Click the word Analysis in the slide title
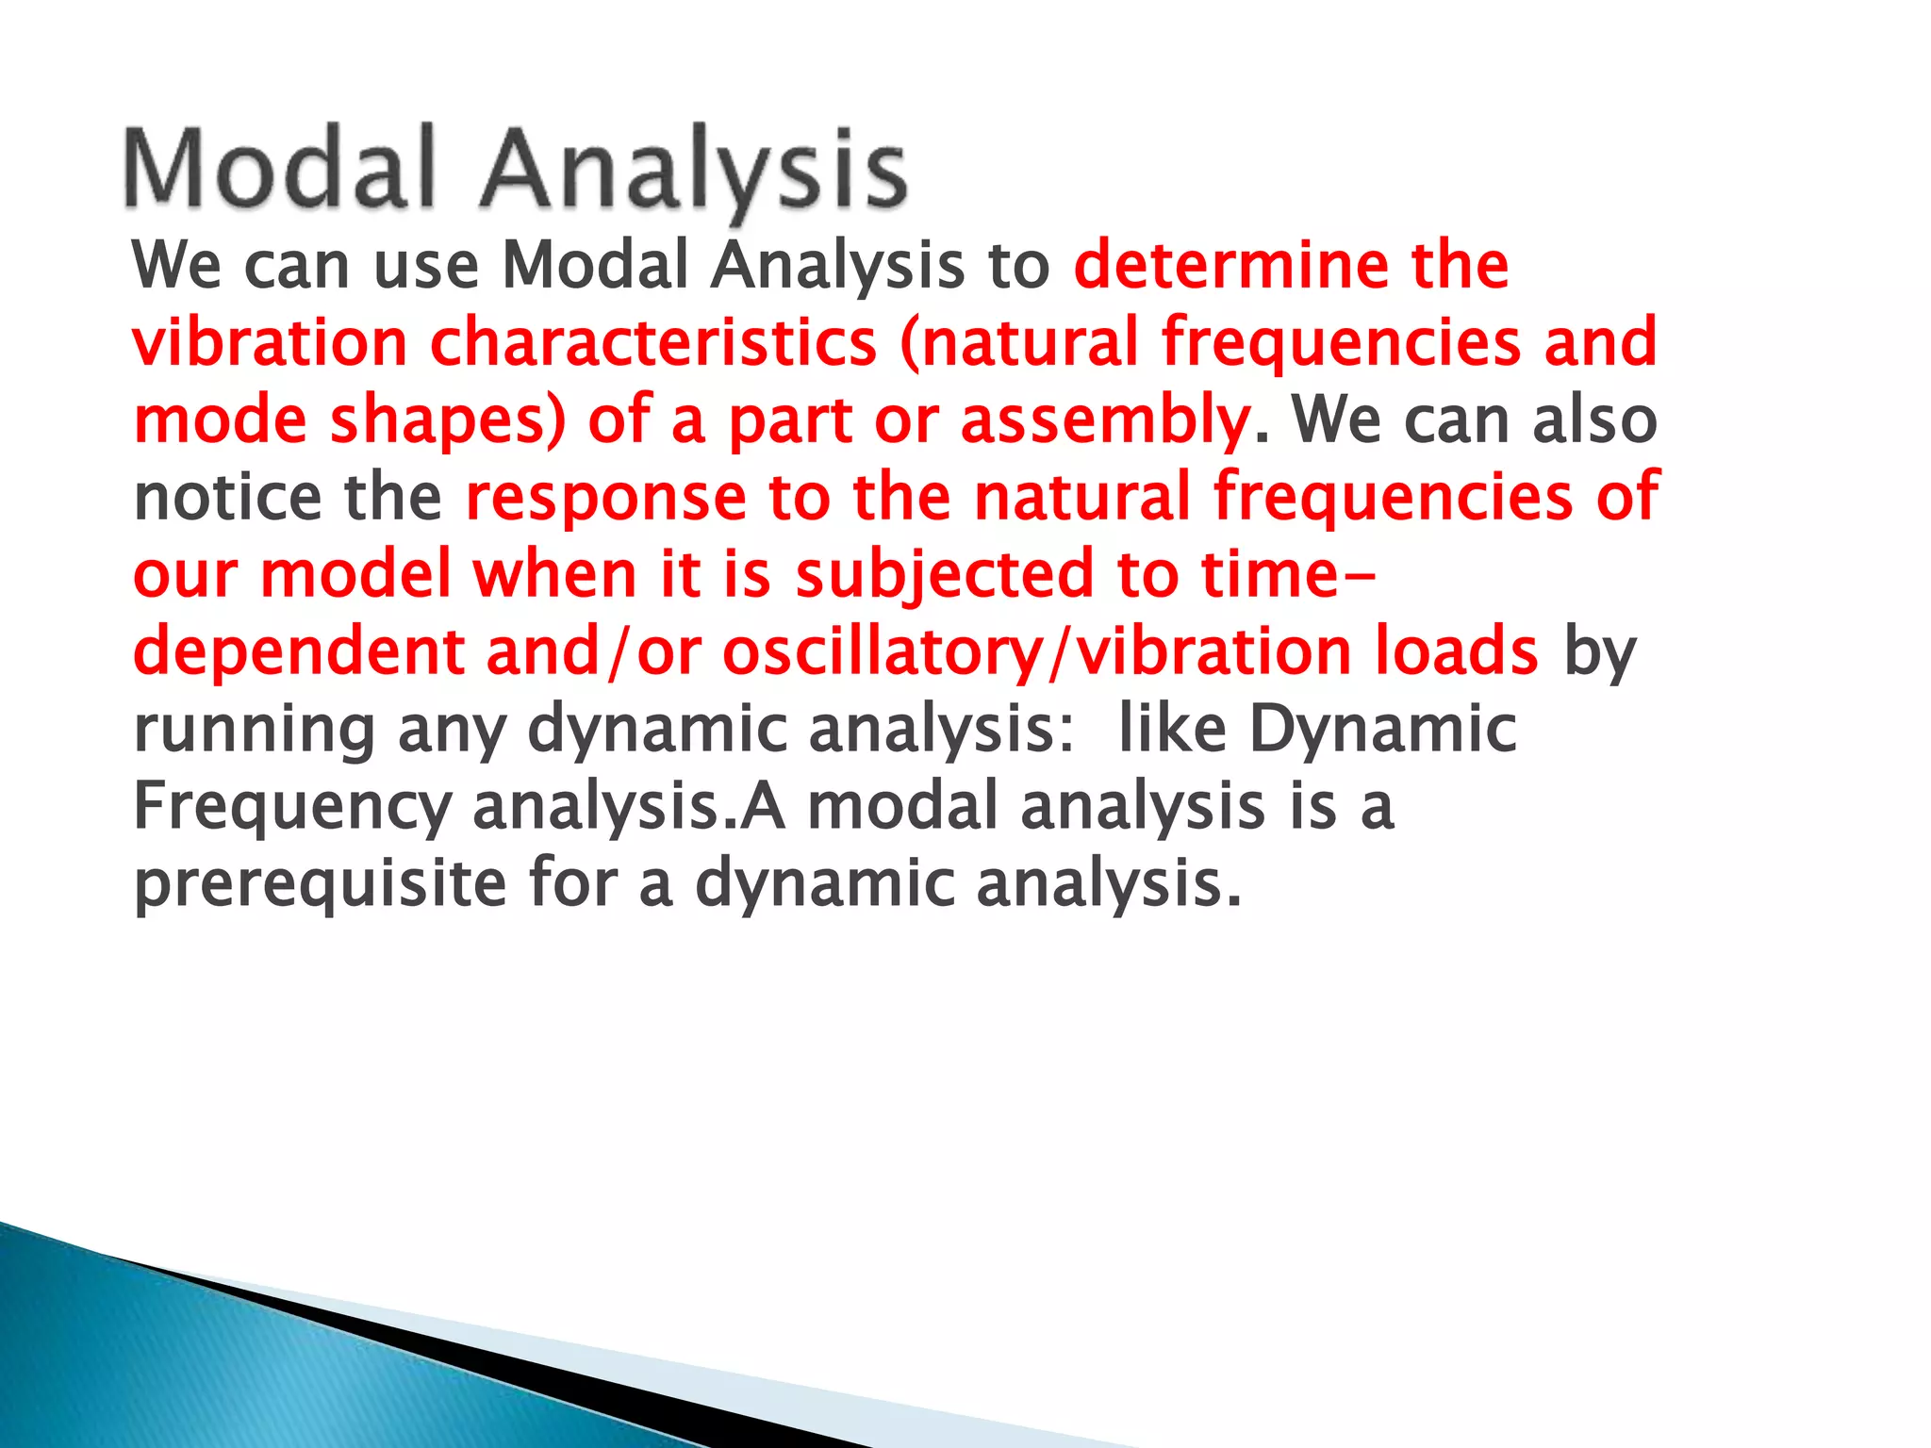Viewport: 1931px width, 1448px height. pyautogui.click(x=694, y=172)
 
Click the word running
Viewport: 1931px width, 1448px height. pyautogui.click(x=254, y=731)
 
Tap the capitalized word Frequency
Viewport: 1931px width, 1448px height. pyautogui.click(x=292, y=809)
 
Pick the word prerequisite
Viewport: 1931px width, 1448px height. pyautogui.click(x=320, y=886)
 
